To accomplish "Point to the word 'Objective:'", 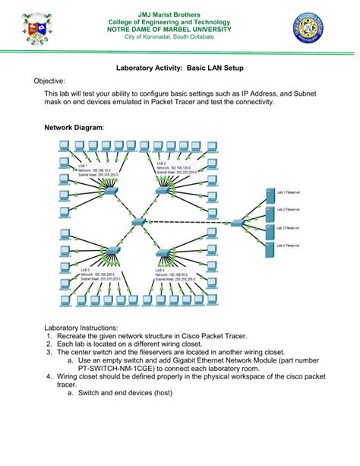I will (x=49, y=81).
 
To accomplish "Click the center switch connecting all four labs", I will (x=140, y=221).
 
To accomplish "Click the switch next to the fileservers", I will (x=237, y=221).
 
